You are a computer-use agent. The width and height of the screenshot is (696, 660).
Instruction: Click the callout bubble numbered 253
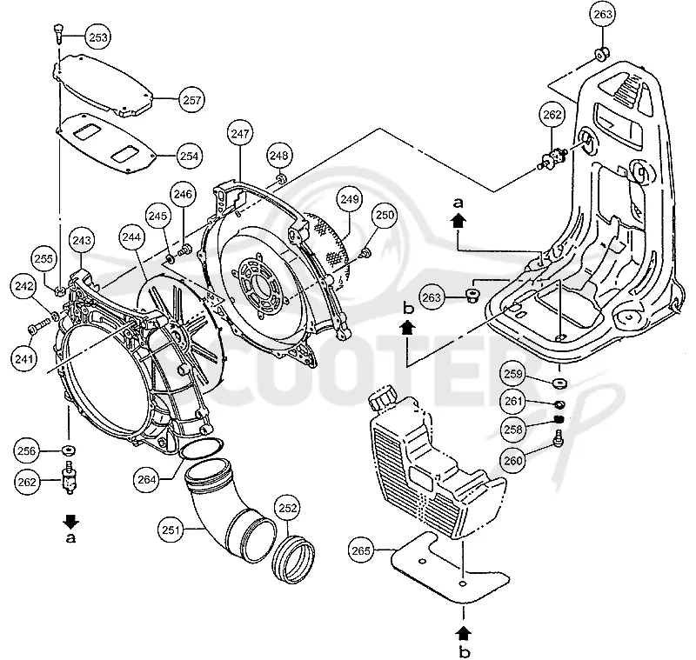tap(98, 37)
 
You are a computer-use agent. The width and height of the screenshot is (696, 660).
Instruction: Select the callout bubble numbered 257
tap(191, 100)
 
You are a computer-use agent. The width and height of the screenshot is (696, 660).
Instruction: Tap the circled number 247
tap(240, 133)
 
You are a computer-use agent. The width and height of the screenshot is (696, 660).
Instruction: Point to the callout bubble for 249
tap(350, 199)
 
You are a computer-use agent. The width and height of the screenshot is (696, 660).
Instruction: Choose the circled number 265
tap(361, 550)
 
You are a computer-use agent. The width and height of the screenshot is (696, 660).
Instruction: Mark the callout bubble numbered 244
tap(132, 237)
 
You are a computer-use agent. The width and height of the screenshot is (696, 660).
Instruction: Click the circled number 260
tap(513, 460)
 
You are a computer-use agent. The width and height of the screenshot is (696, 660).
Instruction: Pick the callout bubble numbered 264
tap(146, 479)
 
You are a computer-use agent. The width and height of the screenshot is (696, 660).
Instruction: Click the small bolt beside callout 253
tap(58, 34)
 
